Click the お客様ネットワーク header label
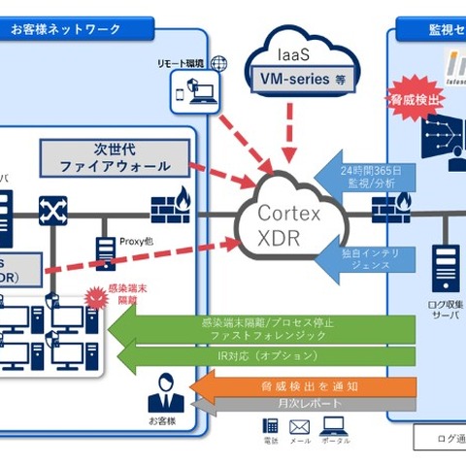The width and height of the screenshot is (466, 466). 66,30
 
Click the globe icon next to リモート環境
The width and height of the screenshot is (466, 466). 218,64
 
